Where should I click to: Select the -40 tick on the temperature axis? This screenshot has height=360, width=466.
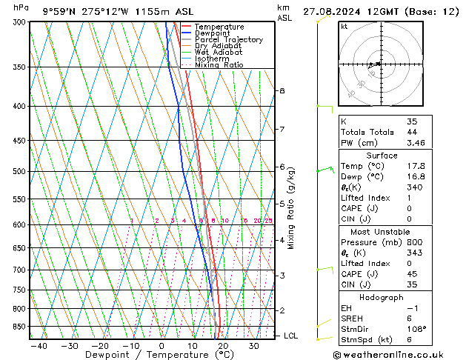[x=39, y=345]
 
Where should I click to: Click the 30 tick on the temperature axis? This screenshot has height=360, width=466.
[x=253, y=345]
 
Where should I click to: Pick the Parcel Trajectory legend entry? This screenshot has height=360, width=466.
[x=228, y=39]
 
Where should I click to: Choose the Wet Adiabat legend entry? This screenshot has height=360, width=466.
[x=219, y=52]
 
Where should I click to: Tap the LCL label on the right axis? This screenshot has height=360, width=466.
[x=291, y=336]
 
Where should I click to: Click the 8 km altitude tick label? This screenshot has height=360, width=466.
[x=282, y=90]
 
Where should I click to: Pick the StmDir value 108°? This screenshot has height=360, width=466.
[x=416, y=329]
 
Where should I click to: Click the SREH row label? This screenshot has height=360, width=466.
[x=352, y=318]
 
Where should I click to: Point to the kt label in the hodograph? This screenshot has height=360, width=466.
[x=344, y=27]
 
